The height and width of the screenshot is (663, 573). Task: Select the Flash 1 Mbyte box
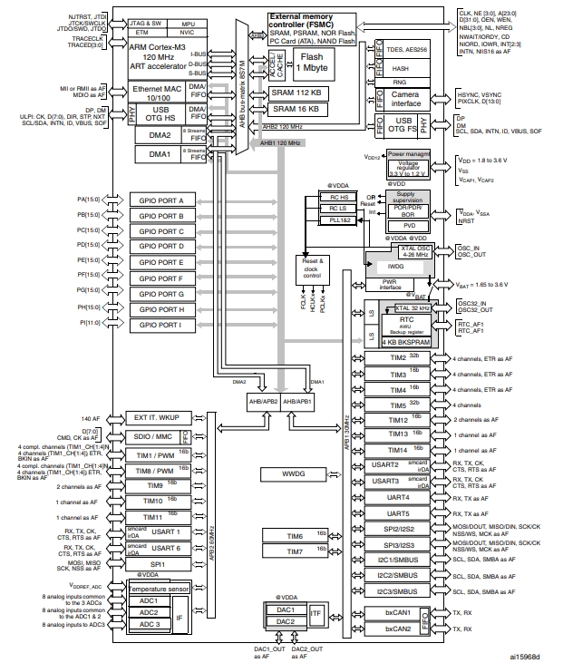316,63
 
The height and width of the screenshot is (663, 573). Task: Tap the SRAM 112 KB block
296,93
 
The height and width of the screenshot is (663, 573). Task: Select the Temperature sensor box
160,590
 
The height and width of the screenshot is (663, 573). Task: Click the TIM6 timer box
295,536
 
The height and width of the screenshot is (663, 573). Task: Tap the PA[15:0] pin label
92,199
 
